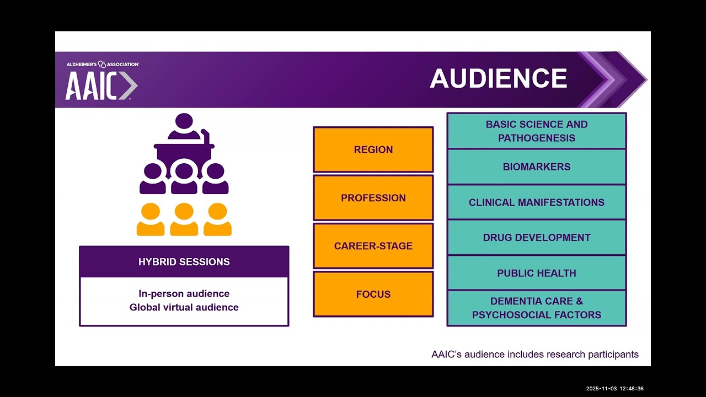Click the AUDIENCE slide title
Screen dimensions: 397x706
pos(498,79)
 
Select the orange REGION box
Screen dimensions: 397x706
pos(373,149)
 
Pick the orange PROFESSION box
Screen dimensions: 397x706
pos(373,198)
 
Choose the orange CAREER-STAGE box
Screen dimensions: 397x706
pos(373,246)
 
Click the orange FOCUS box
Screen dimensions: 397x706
pos(373,294)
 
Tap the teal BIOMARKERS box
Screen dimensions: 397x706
pos(537,167)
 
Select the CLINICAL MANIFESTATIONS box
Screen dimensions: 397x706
pos(537,202)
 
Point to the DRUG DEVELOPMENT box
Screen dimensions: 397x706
pos(537,238)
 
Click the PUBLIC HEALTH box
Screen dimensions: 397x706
pos(537,273)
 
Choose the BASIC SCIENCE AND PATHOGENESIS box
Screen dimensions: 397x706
pos(537,131)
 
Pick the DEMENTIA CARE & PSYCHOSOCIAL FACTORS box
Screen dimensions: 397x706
pos(537,308)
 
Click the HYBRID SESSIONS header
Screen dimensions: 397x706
pos(184,262)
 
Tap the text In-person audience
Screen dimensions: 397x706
pos(184,294)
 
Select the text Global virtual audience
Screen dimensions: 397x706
pos(184,307)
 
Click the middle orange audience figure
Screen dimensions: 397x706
pos(184,219)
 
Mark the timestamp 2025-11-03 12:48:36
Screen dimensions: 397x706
pos(614,389)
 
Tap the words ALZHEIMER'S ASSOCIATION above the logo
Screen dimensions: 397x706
pos(103,65)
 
